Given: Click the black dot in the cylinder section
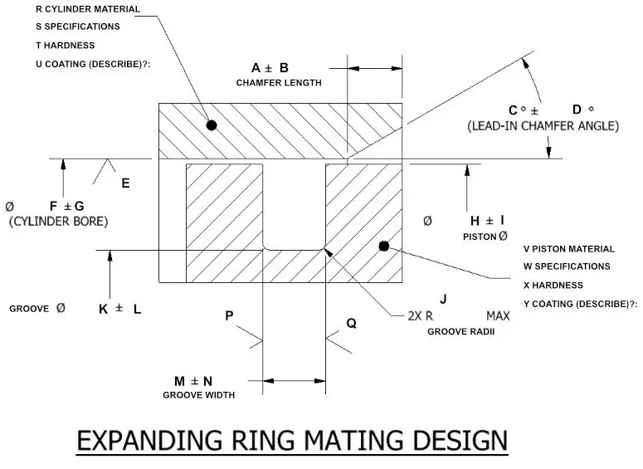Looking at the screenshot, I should click(x=212, y=125).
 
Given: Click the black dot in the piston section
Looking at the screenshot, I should click(x=383, y=246).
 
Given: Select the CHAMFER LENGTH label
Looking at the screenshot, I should click(x=279, y=83).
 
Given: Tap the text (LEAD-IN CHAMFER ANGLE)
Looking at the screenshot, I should click(x=543, y=126).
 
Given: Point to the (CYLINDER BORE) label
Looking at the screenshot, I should click(x=58, y=222).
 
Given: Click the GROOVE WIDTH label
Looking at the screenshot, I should click(x=198, y=395).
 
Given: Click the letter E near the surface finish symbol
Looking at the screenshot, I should click(x=125, y=183).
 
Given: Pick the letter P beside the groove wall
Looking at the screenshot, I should click(x=229, y=315).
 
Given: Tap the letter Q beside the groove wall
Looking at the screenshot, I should click(x=351, y=324).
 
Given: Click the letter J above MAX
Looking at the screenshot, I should click(x=444, y=299).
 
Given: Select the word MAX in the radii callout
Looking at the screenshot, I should click(x=498, y=316).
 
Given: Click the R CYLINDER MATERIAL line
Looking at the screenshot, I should click(x=88, y=9).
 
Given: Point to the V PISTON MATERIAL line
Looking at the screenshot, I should click(x=569, y=249).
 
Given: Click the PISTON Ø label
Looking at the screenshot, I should click(x=485, y=237).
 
